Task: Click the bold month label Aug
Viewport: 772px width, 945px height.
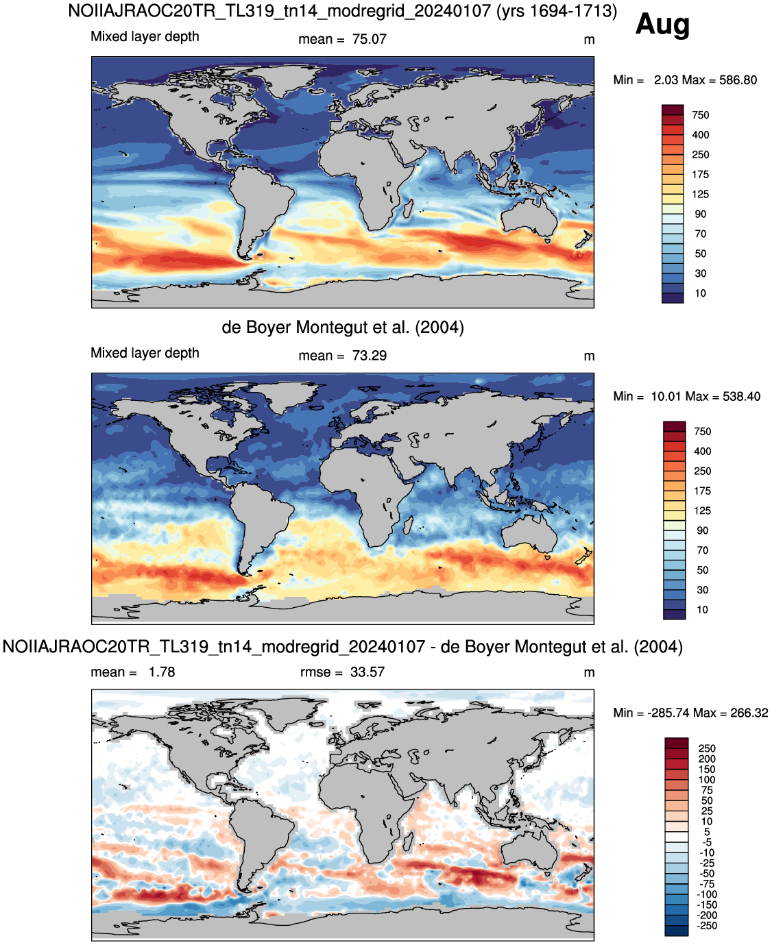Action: click(662, 25)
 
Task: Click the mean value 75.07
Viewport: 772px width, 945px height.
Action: click(369, 40)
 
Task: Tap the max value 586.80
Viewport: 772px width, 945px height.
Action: click(738, 80)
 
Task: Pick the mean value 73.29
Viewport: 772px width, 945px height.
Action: click(369, 356)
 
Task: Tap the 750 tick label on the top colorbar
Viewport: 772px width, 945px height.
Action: click(700, 115)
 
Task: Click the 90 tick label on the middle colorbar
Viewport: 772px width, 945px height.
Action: click(702, 530)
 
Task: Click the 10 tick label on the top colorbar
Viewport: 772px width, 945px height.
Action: click(700, 293)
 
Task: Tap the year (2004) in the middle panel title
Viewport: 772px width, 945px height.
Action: click(439, 328)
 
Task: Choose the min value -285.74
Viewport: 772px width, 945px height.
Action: click(668, 713)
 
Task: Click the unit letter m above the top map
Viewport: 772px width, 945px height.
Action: click(589, 40)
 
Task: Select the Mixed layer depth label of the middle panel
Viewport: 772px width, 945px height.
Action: click(145, 353)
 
